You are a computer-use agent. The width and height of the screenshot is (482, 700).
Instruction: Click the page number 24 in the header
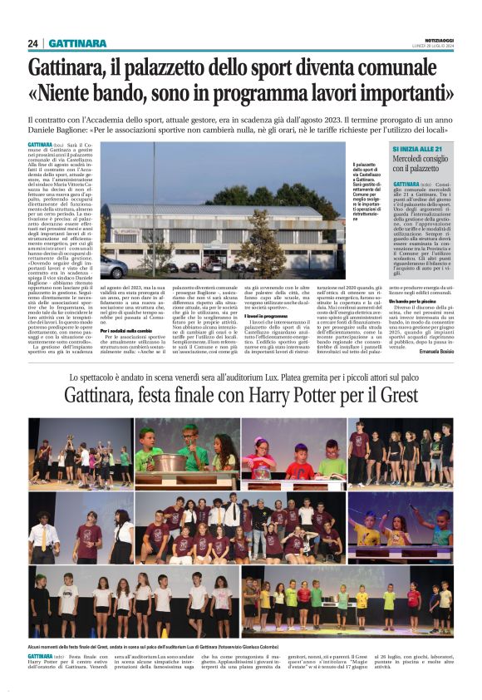pyautogui.click(x=32, y=43)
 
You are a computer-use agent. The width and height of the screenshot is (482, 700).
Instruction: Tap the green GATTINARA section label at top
pyautogui.click(x=77, y=43)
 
